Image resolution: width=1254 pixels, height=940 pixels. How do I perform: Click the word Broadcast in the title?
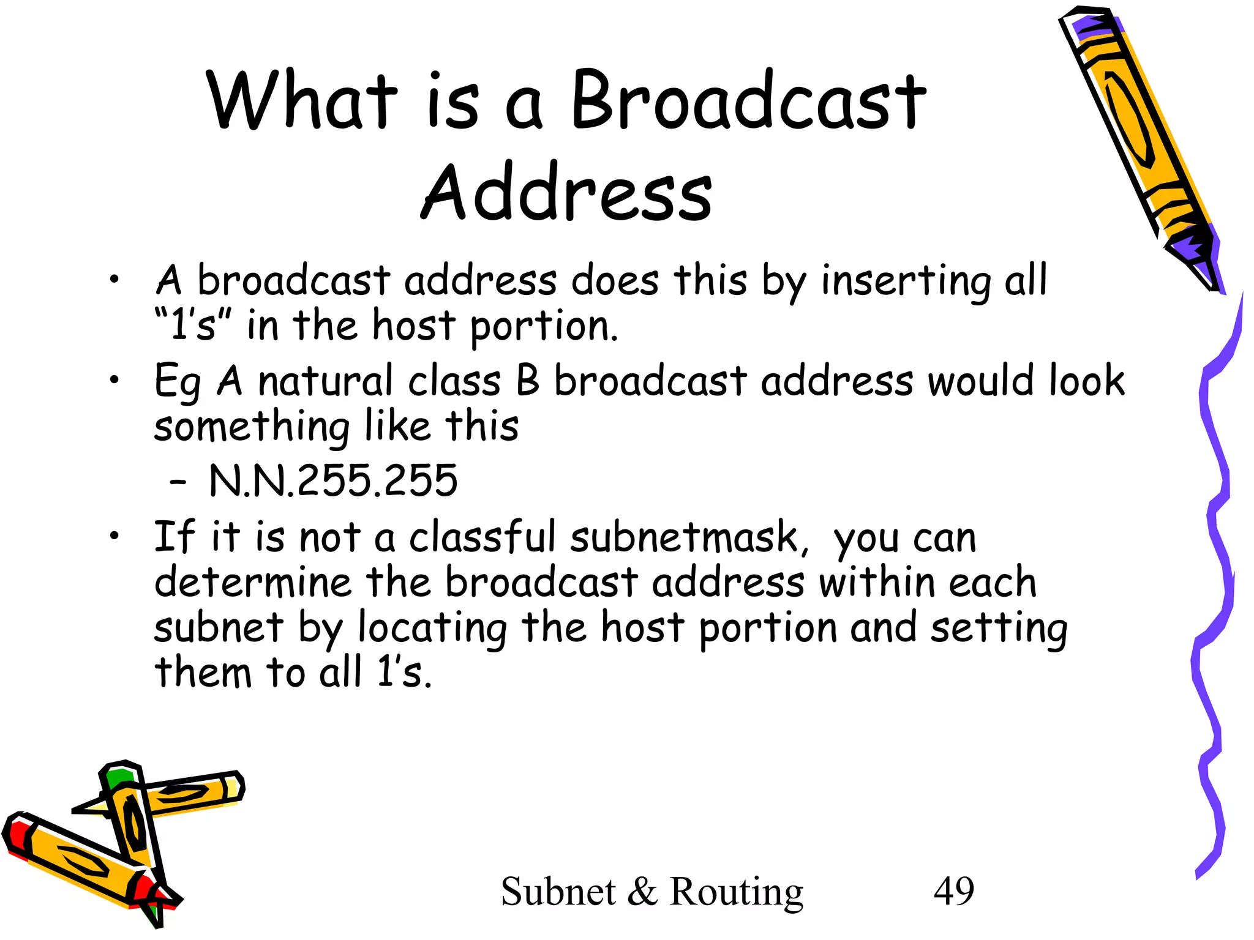click(x=748, y=100)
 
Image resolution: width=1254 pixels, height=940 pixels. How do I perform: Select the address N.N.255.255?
click(x=333, y=480)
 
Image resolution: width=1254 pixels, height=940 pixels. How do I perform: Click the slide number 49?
click(x=953, y=891)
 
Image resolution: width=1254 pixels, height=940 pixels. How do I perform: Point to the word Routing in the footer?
click(x=736, y=892)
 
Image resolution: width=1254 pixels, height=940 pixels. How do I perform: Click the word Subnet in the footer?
click(x=558, y=892)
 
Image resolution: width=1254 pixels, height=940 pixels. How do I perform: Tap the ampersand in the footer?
click(x=642, y=892)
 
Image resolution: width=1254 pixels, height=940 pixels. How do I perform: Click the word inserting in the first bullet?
click(x=906, y=282)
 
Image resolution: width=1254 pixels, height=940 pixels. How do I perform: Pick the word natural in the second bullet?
click(x=325, y=381)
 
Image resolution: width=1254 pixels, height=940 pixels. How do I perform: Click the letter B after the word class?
click(x=528, y=381)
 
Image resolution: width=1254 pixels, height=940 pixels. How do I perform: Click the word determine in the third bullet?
click(x=253, y=582)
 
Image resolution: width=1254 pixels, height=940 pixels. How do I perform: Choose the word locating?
click(x=432, y=629)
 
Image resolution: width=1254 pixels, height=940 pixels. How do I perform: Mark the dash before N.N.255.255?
click(x=178, y=482)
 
